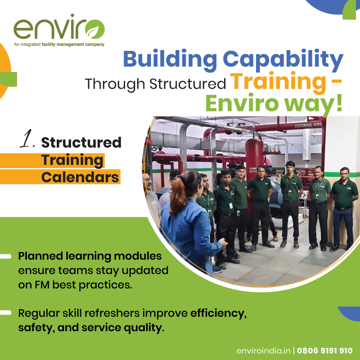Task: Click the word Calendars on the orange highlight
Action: point(80,177)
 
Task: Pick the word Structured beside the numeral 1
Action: point(81,142)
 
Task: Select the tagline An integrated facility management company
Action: point(59,45)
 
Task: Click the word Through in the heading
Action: point(116,84)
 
